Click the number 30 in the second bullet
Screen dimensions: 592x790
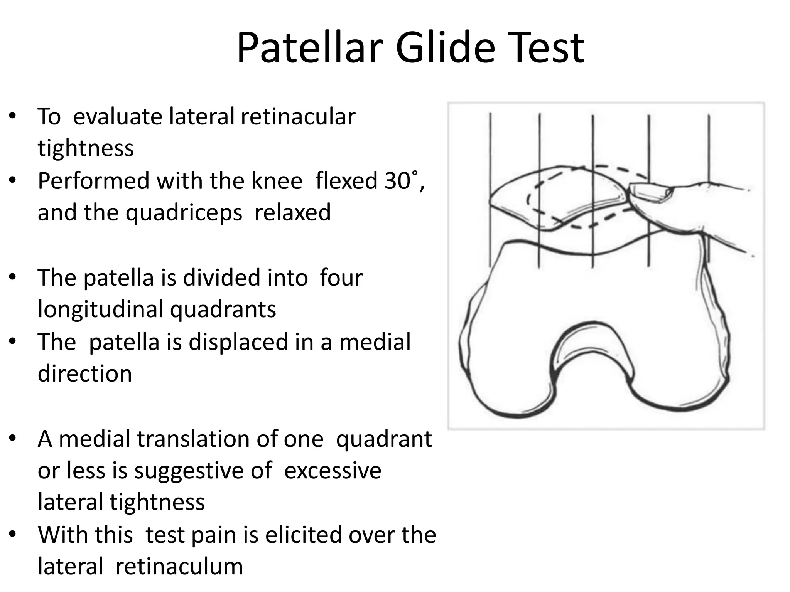click(397, 181)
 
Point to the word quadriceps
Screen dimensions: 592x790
click(184, 213)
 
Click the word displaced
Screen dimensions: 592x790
click(238, 342)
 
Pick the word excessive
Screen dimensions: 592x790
click(333, 471)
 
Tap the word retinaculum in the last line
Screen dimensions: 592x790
click(179, 567)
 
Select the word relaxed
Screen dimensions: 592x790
click(292, 213)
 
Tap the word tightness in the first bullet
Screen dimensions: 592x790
click(86, 148)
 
